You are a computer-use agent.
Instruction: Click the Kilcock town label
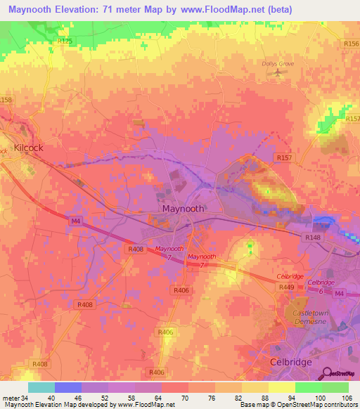28,148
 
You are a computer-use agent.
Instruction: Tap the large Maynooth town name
183,209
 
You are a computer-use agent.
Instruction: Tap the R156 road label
352,44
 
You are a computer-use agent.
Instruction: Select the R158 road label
6,100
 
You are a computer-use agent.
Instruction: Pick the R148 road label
313,238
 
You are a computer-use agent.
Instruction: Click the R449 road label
288,286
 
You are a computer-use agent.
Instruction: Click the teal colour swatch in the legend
41,387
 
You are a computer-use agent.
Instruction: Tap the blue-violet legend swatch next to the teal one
68,387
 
